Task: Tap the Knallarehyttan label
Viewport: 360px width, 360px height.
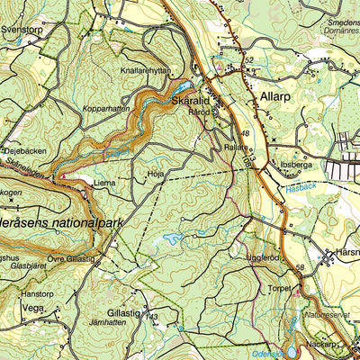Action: click(x=144, y=68)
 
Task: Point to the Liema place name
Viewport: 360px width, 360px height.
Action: click(x=104, y=182)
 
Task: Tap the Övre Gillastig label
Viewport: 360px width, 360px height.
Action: click(x=70, y=259)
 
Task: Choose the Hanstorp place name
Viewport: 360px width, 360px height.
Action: click(x=38, y=293)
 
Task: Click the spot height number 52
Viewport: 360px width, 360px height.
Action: click(x=249, y=60)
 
